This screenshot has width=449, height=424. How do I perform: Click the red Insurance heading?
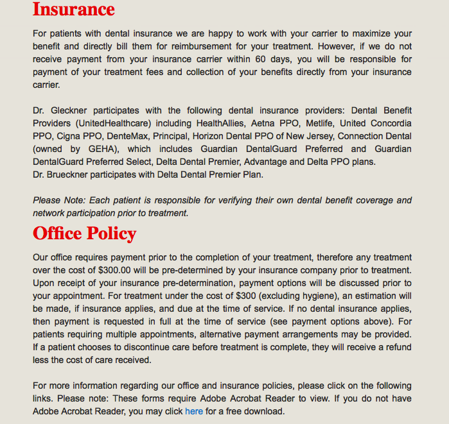(74, 10)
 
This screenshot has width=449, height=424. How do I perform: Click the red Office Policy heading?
(85, 233)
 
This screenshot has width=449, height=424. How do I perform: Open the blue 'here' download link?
(194, 411)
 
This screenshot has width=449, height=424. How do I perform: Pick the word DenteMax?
(132, 136)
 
